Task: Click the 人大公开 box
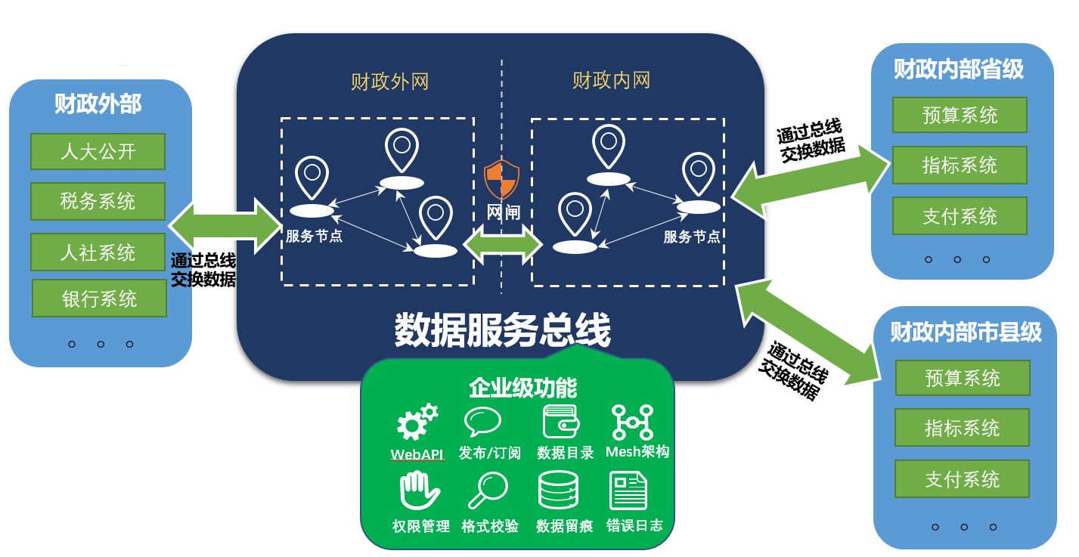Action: tap(98, 151)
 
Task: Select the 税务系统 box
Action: tap(98, 201)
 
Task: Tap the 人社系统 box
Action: tap(98, 252)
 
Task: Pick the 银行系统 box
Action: tap(99, 299)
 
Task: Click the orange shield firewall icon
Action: tap(502, 180)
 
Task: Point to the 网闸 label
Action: tap(503, 212)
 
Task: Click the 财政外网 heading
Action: tap(390, 82)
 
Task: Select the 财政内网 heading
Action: tap(612, 80)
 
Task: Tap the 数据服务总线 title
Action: tap(502, 330)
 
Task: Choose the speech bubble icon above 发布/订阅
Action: tap(482, 422)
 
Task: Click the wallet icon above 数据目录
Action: tap(561, 422)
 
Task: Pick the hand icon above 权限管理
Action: tap(419, 490)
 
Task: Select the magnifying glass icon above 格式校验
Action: tap(488, 490)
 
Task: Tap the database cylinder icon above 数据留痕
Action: tap(558, 490)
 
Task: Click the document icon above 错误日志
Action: tap(628, 490)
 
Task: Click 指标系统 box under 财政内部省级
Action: tap(960, 165)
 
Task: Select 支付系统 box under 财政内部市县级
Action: tap(963, 478)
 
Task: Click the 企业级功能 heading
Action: tap(522, 388)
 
